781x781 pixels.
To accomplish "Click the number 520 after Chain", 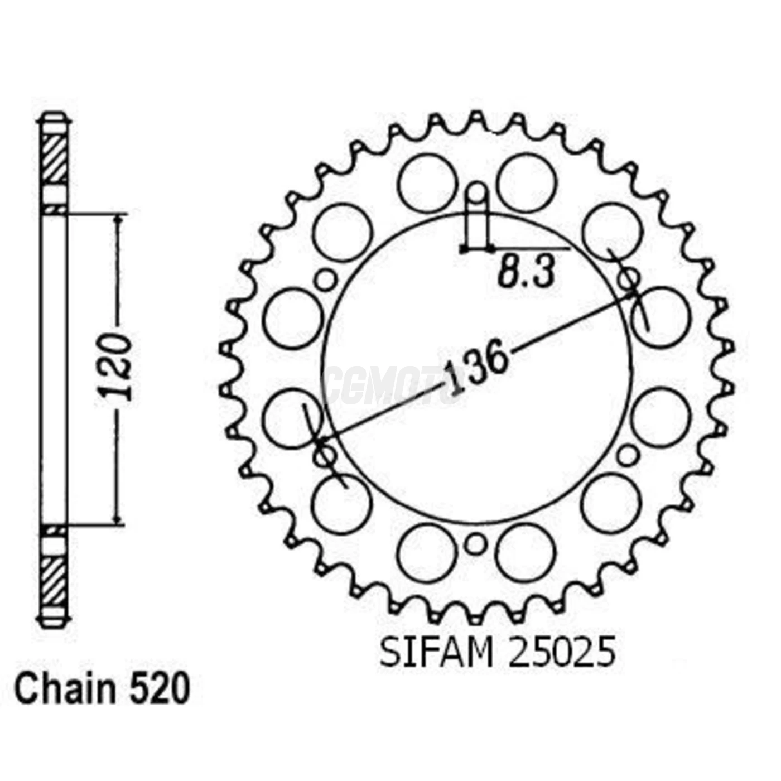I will point(160,690).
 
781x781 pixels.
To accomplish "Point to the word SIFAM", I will point(437,653).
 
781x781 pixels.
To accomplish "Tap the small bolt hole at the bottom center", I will point(475,544).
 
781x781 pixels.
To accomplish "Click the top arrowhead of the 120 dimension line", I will point(118,219).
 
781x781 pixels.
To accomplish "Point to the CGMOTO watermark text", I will point(390,385).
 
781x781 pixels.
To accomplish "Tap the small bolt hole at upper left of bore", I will point(326,279).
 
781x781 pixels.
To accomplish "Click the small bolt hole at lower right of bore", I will point(629,455).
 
